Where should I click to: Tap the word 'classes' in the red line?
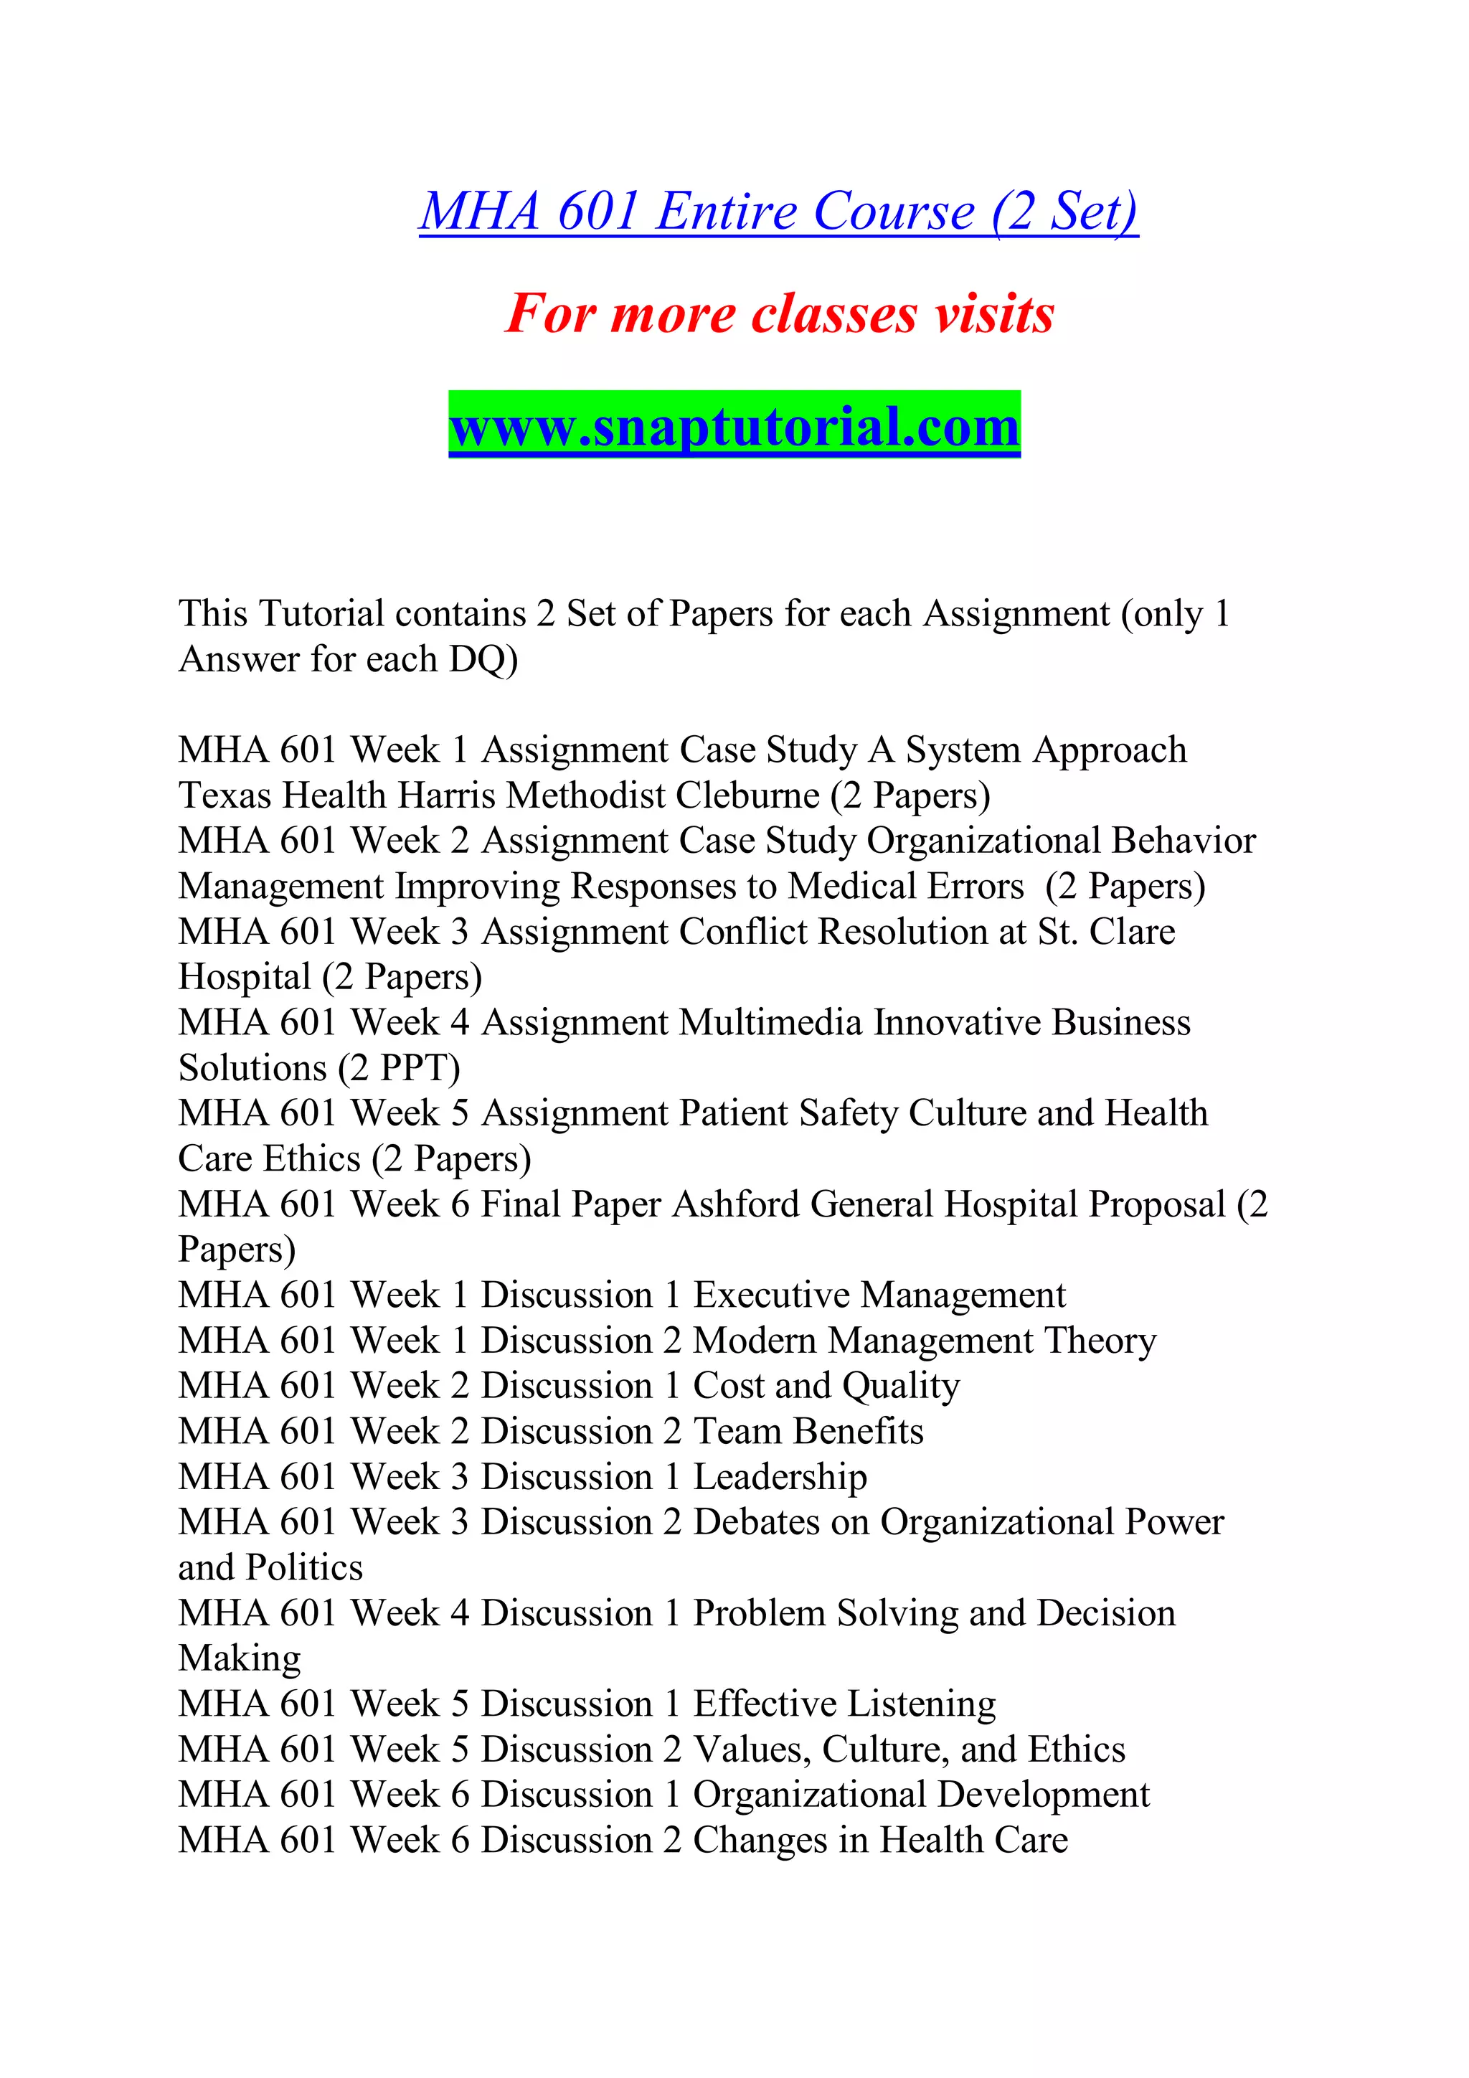(833, 314)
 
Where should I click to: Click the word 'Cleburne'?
(747, 795)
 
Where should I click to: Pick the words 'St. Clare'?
(1105, 931)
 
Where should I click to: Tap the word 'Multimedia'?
(770, 1023)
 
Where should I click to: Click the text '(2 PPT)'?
(399, 1069)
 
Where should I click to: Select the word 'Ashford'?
(736, 1204)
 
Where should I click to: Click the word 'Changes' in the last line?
(761, 1841)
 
